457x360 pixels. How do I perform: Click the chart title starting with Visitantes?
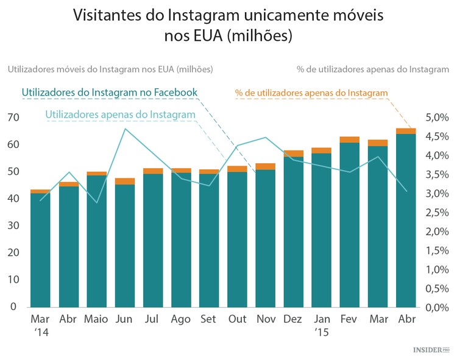pos(228,25)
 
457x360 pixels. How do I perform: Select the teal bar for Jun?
pos(125,244)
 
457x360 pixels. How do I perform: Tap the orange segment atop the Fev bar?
pos(350,139)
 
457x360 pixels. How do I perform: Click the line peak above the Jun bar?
pos(125,129)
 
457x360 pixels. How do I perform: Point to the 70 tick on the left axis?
pos(12,117)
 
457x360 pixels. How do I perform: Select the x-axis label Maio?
pos(96,319)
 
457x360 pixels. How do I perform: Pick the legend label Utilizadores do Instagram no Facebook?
pos(110,93)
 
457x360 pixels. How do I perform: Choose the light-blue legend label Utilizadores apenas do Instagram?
pos(120,114)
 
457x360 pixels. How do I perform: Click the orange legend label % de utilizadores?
pos(311,93)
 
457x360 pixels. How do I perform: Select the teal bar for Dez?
pos(294,231)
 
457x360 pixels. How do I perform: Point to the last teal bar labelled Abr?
pos(406,219)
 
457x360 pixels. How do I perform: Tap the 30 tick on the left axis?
pos(12,225)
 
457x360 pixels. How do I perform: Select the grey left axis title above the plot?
pos(110,69)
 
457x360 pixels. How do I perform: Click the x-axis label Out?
pos(237,319)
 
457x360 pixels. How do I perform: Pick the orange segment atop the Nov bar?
pos(266,166)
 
